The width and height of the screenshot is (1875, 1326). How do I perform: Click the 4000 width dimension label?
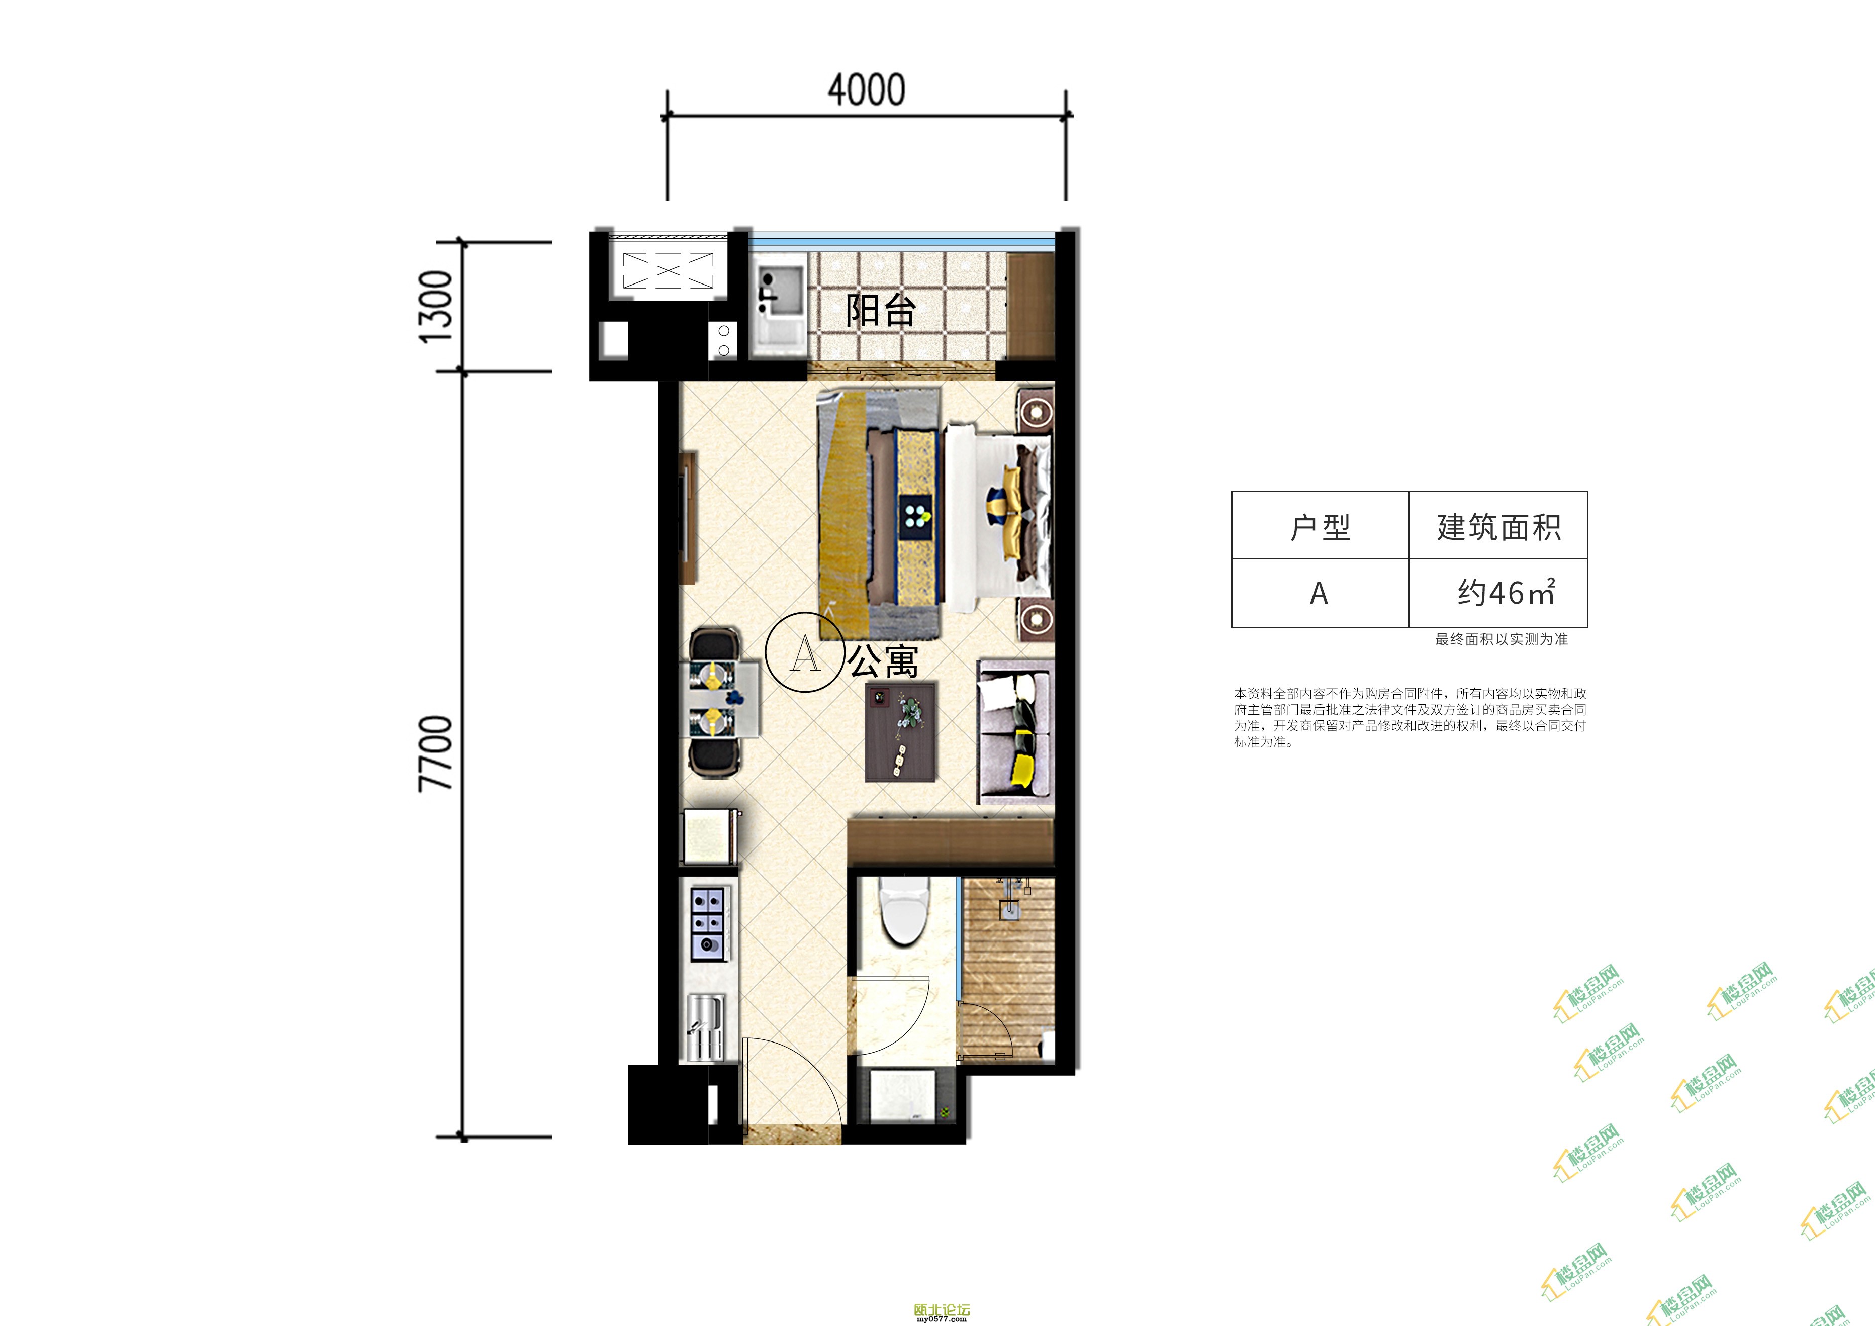pyautogui.click(x=867, y=90)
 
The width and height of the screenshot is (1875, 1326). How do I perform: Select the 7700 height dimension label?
pyautogui.click(x=435, y=753)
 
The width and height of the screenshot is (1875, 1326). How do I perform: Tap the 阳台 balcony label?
pyautogui.click(x=880, y=310)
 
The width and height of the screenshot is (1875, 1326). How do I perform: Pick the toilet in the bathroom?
pyautogui.click(x=903, y=910)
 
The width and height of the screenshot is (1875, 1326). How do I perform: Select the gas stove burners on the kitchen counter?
pyautogui.click(x=708, y=923)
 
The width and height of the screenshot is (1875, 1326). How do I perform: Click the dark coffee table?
pyautogui.click(x=901, y=731)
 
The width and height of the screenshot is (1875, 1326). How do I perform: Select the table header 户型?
pyautogui.click(x=1320, y=527)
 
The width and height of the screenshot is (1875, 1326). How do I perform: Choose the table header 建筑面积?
pyautogui.click(x=1498, y=527)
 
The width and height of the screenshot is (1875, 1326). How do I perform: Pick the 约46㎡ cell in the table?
pyautogui.click(x=1507, y=592)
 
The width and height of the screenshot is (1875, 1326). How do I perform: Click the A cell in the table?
pyautogui.click(x=1319, y=594)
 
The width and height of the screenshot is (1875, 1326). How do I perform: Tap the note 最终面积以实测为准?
pyautogui.click(x=1501, y=639)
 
